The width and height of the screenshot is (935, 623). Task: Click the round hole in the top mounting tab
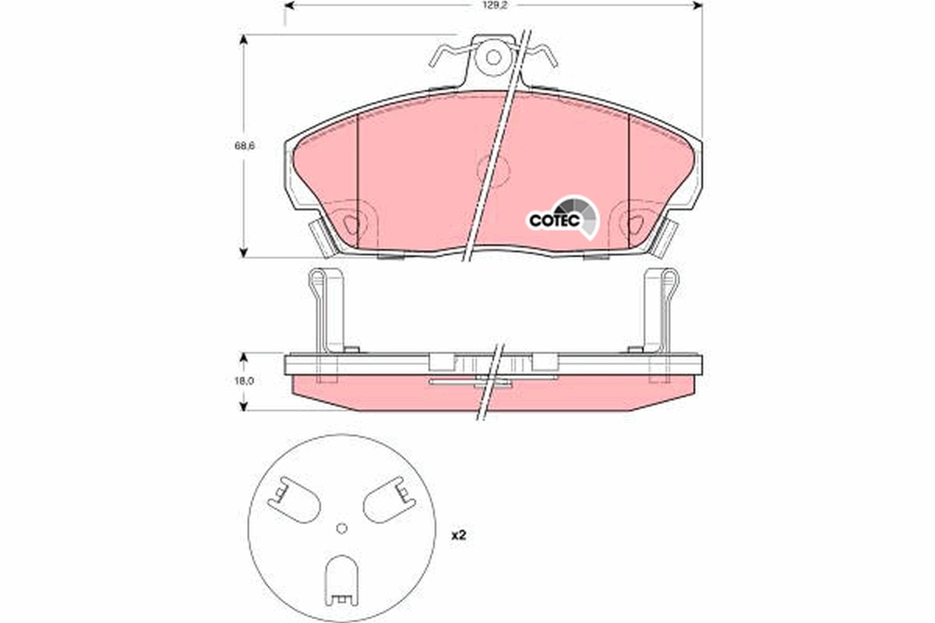[x=492, y=57]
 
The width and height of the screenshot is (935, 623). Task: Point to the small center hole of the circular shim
[x=340, y=529]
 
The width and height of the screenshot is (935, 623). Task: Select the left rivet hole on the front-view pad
[x=352, y=224]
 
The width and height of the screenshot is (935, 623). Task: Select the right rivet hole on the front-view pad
[x=635, y=224]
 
